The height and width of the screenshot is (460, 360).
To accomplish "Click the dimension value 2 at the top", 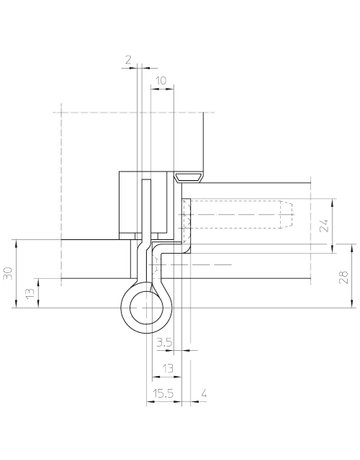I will click(x=130, y=61).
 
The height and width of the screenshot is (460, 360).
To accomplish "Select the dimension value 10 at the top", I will click(x=162, y=77).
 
